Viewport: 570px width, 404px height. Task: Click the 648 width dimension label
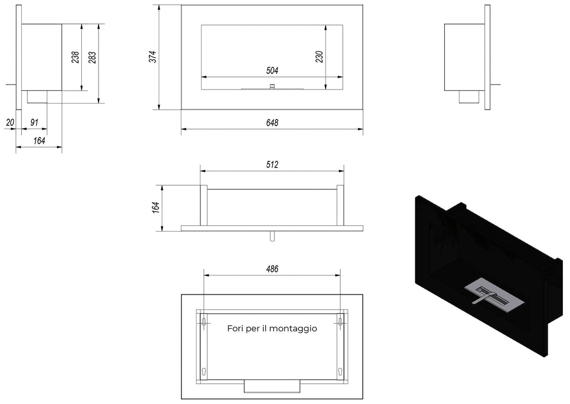[272, 122]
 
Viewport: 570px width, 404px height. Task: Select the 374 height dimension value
[153, 57]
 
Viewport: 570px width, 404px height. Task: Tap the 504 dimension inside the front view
[272, 71]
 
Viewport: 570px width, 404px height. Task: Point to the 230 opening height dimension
[319, 57]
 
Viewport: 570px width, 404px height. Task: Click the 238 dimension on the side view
[76, 57]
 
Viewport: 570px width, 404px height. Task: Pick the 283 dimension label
[92, 57]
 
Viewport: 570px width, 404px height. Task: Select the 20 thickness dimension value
[9, 122]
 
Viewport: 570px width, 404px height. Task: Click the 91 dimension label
[34, 122]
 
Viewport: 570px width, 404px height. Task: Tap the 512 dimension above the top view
[272, 165]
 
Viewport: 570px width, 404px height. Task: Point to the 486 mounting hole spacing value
[272, 269]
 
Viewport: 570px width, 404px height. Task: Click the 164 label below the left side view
[39, 141]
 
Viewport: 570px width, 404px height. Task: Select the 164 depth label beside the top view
[156, 208]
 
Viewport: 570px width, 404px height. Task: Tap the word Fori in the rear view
[235, 329]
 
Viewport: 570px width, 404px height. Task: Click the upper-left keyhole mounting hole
[204, 322]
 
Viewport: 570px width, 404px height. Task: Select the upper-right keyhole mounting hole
[340, 322]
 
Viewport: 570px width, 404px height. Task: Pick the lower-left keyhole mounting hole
[204, 371]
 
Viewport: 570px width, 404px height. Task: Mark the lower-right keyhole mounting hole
[340, 371]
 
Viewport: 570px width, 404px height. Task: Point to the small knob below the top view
[272, 236]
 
